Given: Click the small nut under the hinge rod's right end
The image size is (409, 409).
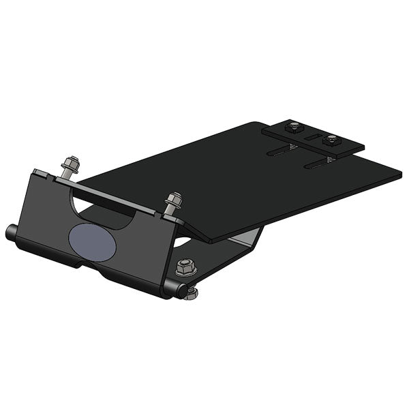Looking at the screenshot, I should pyautogui.click(x=193, y=294).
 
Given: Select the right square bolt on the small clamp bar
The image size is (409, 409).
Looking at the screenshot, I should pyautogui.click(x=332, y=140).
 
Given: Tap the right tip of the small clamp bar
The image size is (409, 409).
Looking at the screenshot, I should pyautogui.click(x=363, y=147).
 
